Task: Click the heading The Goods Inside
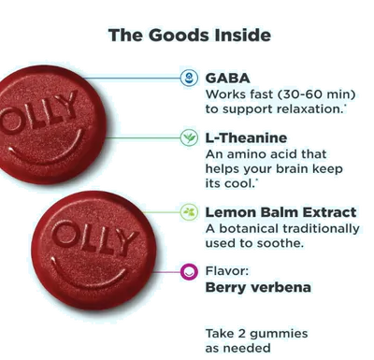190,36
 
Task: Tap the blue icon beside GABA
188,78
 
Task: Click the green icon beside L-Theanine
188,137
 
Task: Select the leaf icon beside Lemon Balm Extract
188,212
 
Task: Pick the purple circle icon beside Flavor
188,272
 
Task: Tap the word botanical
254,228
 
